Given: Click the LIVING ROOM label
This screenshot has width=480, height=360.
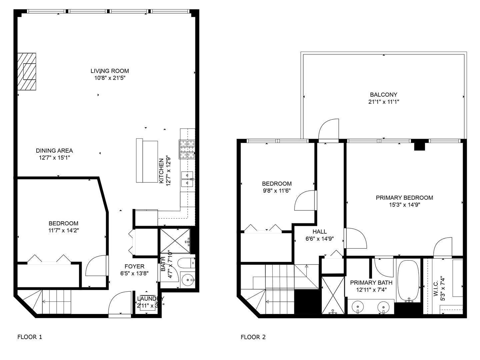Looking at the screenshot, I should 110,71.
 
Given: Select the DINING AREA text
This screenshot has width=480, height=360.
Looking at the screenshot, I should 54,151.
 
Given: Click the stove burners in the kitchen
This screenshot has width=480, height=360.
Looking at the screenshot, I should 187,149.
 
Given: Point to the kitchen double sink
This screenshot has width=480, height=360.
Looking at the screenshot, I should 187,179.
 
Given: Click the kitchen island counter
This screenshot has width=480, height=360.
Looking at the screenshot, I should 147,161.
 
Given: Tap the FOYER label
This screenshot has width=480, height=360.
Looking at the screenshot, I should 134,266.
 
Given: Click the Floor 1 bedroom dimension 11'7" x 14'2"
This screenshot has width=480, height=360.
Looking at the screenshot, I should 63,230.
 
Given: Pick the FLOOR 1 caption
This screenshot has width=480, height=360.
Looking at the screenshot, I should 30,337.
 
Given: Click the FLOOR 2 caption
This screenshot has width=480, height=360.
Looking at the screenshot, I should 253,337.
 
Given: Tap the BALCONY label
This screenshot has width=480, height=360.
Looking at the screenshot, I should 383,95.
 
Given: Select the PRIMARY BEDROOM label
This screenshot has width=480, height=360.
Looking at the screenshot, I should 404,198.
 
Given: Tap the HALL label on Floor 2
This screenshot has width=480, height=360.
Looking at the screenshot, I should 319,232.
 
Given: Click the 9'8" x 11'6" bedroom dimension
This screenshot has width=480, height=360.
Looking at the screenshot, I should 276,191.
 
